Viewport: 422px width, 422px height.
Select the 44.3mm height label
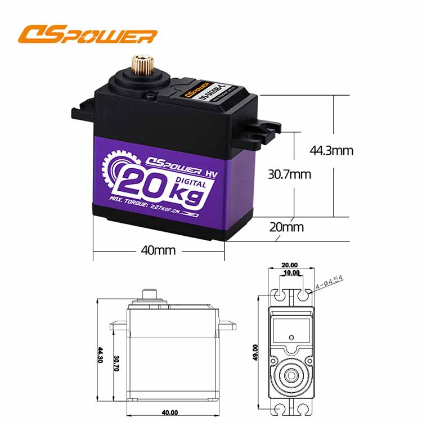click(x=331, y=150)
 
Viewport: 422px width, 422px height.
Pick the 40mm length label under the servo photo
click(x=159, y=249)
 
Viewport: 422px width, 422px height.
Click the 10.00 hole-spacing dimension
click(x=290, y=273)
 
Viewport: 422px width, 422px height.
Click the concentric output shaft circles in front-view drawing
click(x=290, y=374)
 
